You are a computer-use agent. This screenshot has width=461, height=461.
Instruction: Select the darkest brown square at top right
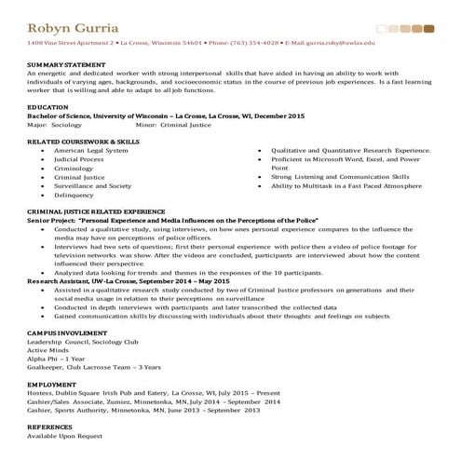(428, 29)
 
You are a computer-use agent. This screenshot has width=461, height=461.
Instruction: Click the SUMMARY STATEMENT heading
(66, 64)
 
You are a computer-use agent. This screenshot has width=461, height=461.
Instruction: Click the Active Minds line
(48, 349)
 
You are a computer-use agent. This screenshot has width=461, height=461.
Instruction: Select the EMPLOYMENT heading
(51, 383)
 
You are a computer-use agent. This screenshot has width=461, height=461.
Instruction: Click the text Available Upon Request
(65, 435)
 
